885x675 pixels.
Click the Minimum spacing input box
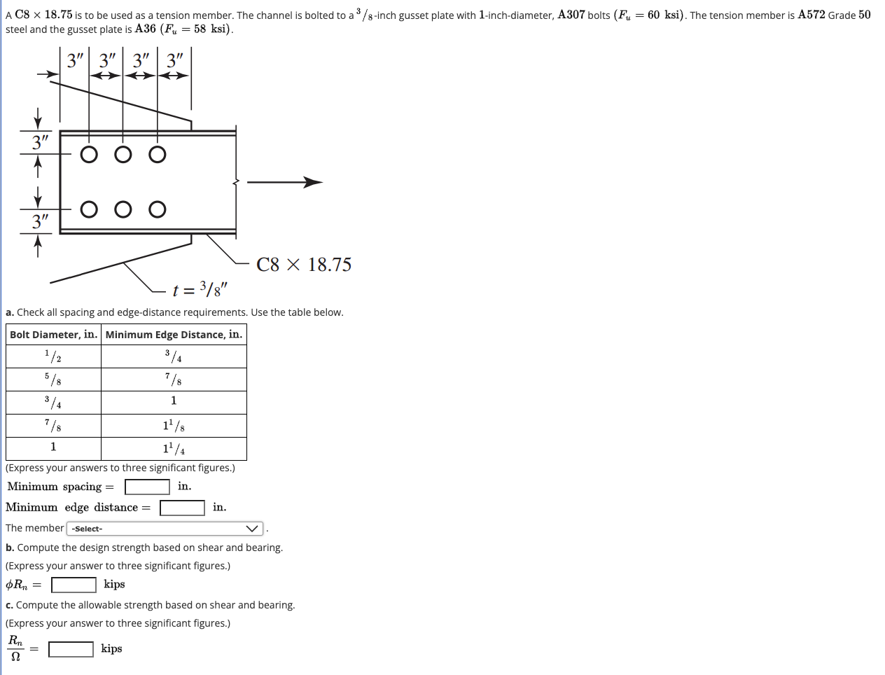(x=147, y=487)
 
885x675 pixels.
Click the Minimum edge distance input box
(x=182, y=508)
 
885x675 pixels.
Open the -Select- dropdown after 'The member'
(x=165, y=529)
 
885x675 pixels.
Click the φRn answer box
(x=74, y=585)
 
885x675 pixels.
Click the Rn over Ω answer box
(x=71, y=649)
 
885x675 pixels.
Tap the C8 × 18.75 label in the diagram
(x=304, y=265)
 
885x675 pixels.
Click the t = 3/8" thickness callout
(x=200, y=289)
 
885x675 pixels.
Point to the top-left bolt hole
(x=89, y=154)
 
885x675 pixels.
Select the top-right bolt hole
(x=158, y=154)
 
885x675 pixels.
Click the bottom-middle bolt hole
(x=123, y=209)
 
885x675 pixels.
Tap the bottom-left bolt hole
(x=89, y=209)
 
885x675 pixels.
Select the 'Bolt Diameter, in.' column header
(x=54, y=335)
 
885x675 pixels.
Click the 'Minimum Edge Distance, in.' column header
(x=174, y=335)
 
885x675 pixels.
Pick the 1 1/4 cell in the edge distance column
(x=174, y=448)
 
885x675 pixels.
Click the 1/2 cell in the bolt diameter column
(x=54, y=356)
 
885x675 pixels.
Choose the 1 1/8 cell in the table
(x=174, y=425)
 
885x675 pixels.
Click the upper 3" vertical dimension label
(x=41, y=142)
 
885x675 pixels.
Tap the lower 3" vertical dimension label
(x=41, y=222)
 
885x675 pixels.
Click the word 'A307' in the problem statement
(x=571, y=15)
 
